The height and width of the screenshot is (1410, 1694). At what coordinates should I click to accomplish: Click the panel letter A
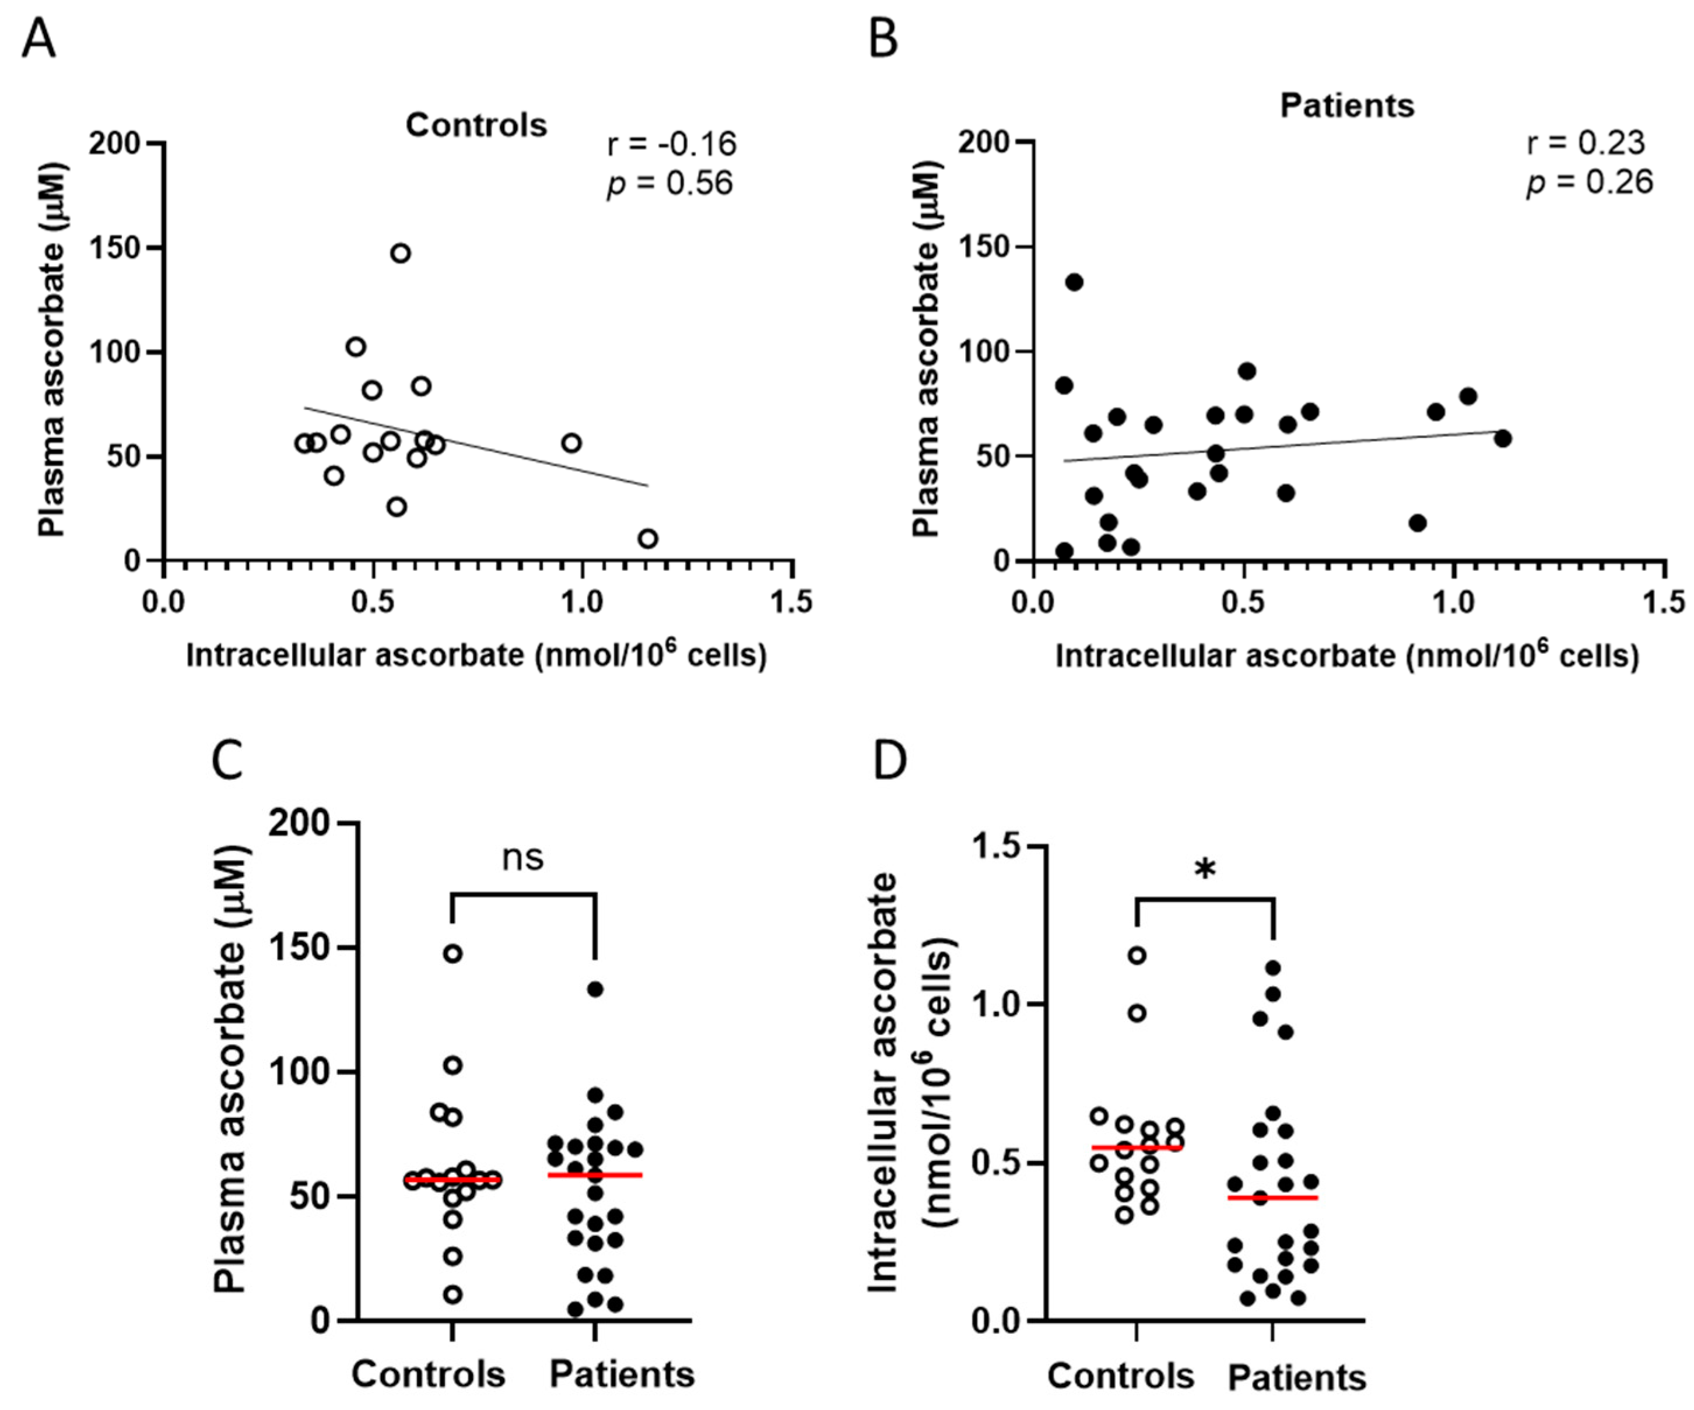(x=38, y=38)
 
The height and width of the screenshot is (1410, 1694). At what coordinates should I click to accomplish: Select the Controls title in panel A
(x=476, y=125)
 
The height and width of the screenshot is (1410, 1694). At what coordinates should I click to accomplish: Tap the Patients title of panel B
(x=1346, y=106)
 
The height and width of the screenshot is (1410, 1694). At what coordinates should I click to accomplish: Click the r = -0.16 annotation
(x=671, y=145)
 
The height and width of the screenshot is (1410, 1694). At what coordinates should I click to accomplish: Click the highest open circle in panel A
(x=400, y=253)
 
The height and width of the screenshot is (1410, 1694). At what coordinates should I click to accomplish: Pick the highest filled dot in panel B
(x=1074, y=282)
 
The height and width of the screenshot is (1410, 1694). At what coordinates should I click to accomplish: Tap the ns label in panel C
(x=522, y=857)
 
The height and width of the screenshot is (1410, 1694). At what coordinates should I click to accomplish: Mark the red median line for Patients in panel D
(x=1272, y=1198)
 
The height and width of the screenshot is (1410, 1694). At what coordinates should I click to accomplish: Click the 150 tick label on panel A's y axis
(x=114, y=248)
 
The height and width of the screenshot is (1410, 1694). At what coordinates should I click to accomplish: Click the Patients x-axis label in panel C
(x=621, y=1374)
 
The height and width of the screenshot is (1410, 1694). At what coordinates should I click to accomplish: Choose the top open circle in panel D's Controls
(x=1137, y=956)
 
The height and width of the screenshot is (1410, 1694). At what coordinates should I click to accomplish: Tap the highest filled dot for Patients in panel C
(x=595, y=990)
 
